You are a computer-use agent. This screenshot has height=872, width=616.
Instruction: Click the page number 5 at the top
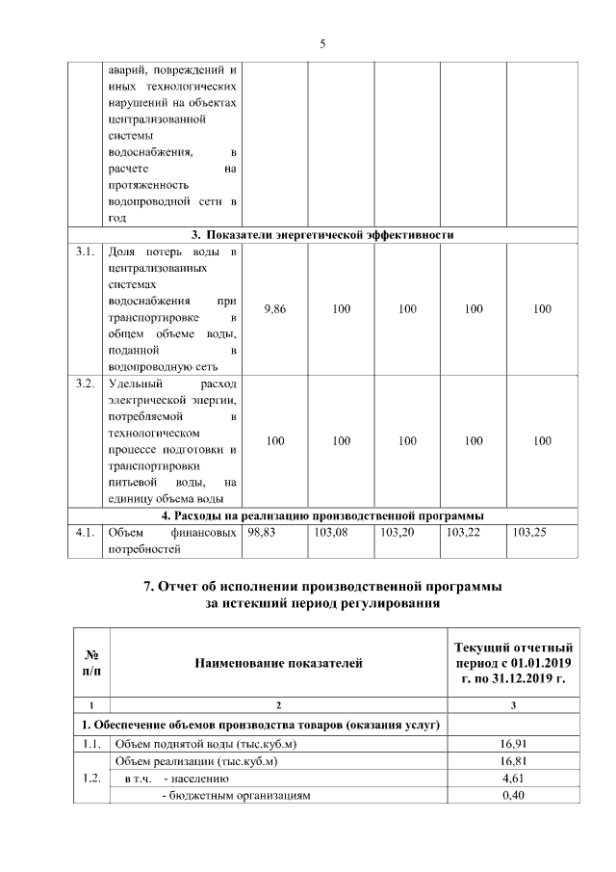321,43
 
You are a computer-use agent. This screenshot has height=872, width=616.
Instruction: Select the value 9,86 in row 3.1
274,308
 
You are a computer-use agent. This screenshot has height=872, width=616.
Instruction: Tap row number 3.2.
85,383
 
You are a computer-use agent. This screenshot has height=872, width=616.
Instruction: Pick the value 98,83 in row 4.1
262,531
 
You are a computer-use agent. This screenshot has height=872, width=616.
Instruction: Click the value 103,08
330,531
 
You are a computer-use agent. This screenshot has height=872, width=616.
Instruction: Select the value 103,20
397,531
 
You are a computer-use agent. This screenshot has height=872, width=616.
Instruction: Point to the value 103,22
463,531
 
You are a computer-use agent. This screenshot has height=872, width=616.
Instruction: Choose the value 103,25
529,531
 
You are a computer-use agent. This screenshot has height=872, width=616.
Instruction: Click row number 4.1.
85,531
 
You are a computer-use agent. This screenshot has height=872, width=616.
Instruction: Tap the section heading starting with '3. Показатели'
321,234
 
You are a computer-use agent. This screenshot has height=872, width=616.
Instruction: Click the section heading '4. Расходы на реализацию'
321,515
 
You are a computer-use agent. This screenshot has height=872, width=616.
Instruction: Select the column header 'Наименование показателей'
278,663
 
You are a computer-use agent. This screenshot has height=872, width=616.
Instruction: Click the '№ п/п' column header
91,662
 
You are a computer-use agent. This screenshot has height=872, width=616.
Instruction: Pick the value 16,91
511,743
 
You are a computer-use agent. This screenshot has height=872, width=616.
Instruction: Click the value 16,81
511,760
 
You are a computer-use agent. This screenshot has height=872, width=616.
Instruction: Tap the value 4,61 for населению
511,778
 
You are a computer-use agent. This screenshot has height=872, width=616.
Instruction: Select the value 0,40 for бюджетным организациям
511,795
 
